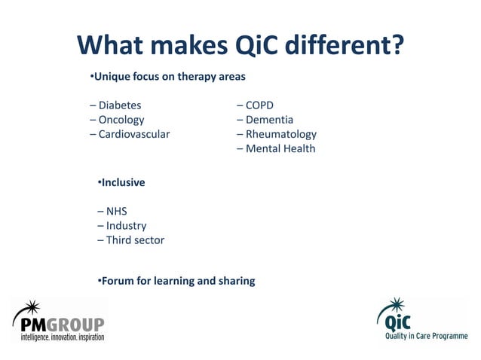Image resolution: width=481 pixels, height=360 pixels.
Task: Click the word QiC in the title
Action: (265, 46)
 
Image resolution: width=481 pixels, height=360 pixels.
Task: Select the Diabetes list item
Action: (119, 105)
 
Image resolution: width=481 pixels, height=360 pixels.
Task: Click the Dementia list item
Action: (269, 120)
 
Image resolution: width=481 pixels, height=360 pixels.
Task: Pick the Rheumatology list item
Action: (280, 134)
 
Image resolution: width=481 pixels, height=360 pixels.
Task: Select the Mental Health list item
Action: (280, 148)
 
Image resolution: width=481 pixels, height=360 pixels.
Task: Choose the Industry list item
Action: (126, 226)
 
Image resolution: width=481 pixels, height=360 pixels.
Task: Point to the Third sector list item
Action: (135, 240)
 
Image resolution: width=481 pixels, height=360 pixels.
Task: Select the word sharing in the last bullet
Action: (236, 281)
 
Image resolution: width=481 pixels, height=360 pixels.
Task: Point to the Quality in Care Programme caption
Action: (422, 336)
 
